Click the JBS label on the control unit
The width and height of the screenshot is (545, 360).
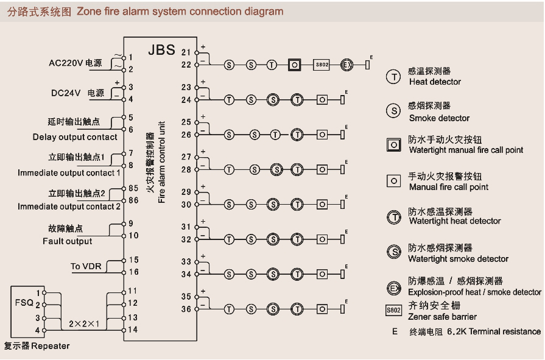[161, 51]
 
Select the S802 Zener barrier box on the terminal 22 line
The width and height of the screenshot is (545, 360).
[322, 64]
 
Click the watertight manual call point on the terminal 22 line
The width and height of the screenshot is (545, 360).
[295, 64]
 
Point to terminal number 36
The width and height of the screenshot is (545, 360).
[186, 309]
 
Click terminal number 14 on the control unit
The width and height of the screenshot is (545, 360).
[133, 330]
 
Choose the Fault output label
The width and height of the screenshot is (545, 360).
[67, 241]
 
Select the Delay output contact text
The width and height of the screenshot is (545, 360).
[75, 137]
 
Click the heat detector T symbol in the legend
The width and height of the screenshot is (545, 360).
[393, 76]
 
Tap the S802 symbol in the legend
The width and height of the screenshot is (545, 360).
[394, 310]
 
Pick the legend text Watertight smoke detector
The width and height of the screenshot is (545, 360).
[458, 259]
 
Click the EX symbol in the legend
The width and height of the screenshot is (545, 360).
[394, 287]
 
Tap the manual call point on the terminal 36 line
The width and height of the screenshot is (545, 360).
[322, 309]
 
